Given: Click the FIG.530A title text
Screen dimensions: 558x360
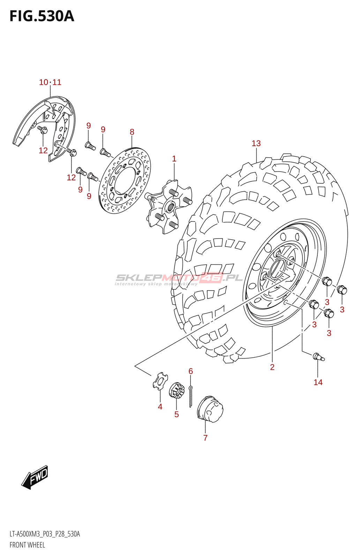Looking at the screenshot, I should [x=42, y=16].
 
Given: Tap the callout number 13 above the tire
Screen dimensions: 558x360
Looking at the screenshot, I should [x=256, y=143].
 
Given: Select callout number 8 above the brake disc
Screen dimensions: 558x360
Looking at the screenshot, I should [x=132, y=132].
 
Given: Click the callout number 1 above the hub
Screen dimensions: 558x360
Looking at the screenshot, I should [x=174, y=159].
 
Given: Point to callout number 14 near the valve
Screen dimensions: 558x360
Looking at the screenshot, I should [x=318, y=382].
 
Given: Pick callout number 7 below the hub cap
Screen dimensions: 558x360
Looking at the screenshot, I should [x=205, y=438].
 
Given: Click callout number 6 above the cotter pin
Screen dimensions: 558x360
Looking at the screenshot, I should [x=190, y=371].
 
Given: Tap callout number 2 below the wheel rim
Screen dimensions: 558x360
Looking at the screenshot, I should [x=272, y=367].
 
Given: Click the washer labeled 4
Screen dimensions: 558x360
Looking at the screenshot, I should [x=160, y=381].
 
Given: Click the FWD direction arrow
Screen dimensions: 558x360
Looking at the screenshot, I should [x=35, y=477].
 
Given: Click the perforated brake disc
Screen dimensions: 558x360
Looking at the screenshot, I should [x=125, y=181].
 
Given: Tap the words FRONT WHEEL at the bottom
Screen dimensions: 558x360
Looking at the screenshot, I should [x=27, y=545].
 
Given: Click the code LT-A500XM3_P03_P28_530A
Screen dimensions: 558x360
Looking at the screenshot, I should [x=45, y=534].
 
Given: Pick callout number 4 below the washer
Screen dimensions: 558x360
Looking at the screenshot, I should [x=160, y=407].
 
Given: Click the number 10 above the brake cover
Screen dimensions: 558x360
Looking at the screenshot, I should [x=44, y=82].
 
